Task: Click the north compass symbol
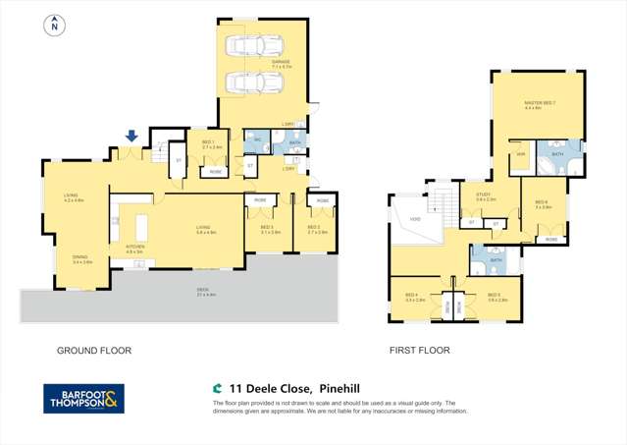53,26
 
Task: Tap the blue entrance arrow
131,138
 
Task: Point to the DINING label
80,258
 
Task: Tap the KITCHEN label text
134,248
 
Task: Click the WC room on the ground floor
256,140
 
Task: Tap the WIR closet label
521,153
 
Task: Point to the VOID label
415,218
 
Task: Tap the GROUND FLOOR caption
94,350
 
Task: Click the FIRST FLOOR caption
419,350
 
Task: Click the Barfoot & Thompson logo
84,398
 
